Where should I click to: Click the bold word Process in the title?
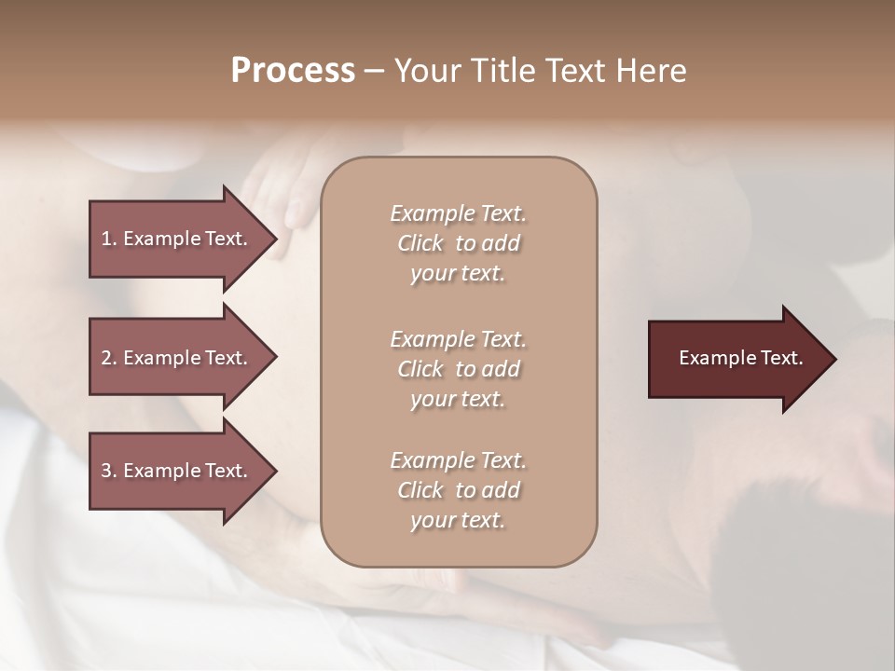pyautogui.click(x=293, y=71)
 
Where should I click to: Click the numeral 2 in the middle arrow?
pyautogui.click(x=106, y=358)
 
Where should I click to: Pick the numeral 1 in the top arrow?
pyautogui.click(x=106, y=239)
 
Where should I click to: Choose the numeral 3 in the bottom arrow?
pyautogui.click(x=106, y=471)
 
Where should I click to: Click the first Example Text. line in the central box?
pyautogui.click(x=458, y=213)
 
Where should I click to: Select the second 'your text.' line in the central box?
pyautogui.click(x=458, y=399)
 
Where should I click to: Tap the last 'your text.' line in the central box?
pyautogui.click(x=458, y=520)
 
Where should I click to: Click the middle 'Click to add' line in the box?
pyautogui.click(x=458, y=369)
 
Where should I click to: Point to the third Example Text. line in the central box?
pyautogui.click(x=458, y=460)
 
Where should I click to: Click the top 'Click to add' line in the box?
pyautogui.click(x=458, y=243)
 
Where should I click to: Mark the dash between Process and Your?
pyautogui.click(x=374, y=72)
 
